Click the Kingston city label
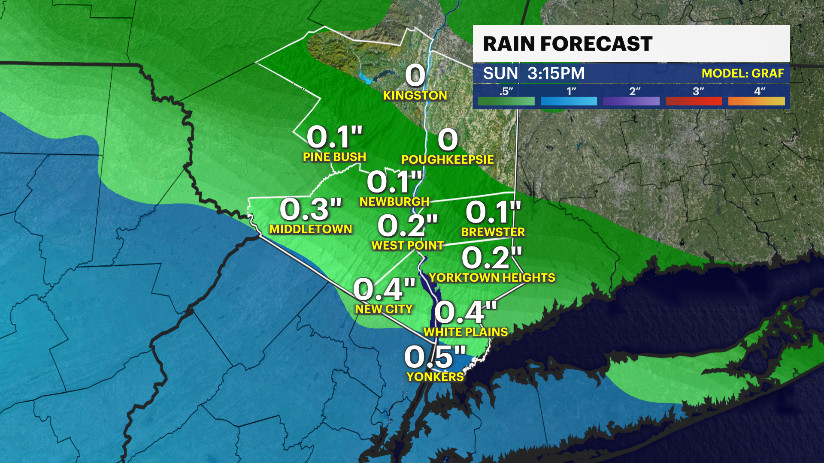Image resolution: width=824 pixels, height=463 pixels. tap(415, 95)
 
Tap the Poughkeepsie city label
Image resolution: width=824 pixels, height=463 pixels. tap(448, 159)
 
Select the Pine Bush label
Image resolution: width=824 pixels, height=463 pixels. tap(334, 157)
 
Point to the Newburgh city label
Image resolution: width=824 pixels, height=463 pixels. tap(394, 201)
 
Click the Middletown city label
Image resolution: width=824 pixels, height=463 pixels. tap(311, 229)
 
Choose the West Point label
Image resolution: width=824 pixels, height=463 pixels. tap(407, 245)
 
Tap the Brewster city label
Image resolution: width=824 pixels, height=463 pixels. tap(493, 232)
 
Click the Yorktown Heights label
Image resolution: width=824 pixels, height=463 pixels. tap(492, 277)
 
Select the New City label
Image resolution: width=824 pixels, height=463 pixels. tap(384, 309)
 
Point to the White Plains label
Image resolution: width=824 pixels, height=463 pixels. tap(466, 332)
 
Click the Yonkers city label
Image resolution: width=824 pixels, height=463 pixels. tap(435, 376)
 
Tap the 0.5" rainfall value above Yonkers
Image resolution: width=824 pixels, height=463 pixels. tap(435, 356)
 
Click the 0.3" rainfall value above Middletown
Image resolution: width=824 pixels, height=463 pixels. tap(311, 209)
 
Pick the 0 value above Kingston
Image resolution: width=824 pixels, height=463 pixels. tap(415, 75)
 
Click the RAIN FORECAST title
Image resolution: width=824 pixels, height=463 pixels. tap(567, 44)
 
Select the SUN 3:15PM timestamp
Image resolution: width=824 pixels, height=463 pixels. tap(534, 73)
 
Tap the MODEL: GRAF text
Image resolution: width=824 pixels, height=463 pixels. tap(742, 73)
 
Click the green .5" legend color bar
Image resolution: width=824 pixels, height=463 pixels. tap(506, 101)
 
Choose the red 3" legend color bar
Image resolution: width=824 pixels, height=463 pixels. tap(694, 101)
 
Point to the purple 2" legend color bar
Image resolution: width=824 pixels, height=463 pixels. tap(631, 101)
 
